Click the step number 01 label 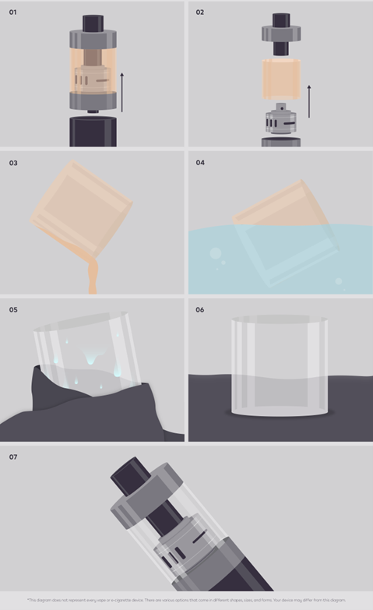click(x=12, y=12)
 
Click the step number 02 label click(x=200, y=12)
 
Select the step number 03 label click(x=12, y=163)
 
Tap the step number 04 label click(x=200, y=163)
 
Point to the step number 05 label click(x=12, y=309)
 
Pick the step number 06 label click(x=200, y=309)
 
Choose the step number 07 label click(x=12, y=457)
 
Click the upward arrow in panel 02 click(x=309, y=101)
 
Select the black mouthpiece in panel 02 click(x=281, y=21)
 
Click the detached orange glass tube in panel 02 click(x=281, y=76)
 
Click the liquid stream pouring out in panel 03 click(x=93, y=276)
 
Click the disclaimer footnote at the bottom click(x=186, y=600)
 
